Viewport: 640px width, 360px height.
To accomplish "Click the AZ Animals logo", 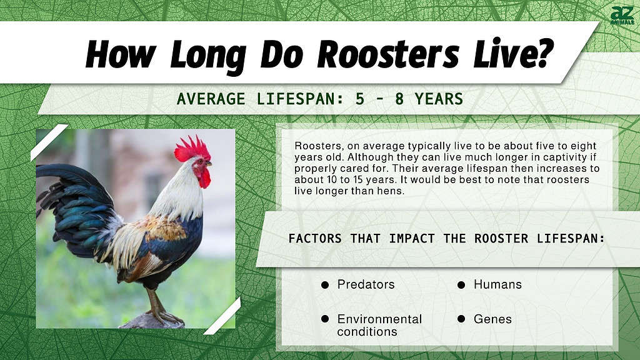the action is tap(622, 16).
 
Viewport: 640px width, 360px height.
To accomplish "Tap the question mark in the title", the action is tap(542, 52).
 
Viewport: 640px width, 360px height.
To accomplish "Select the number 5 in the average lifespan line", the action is tap(359, 99).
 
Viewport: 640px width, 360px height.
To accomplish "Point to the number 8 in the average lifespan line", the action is tap(399, 99).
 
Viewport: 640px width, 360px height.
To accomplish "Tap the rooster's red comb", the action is tap(192, 149).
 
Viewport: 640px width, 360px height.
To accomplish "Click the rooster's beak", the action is tap(209, 164).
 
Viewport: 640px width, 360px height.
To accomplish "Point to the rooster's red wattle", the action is tap(204, 178).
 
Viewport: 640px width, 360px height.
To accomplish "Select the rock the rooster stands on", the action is tap(152, 322).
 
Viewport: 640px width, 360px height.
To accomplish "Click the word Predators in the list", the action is tap(366, 284).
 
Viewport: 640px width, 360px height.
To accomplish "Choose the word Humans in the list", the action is tap(497, 284).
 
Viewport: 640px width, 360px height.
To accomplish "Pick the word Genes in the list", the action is tap(492, 319).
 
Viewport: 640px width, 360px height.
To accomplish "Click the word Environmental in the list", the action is tap(379, 319).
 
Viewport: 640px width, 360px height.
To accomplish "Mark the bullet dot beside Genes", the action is tap(461, 319).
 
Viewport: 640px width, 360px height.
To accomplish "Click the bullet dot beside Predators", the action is tap(325, 285).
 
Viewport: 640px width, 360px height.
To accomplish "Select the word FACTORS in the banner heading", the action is tap(315, 238).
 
